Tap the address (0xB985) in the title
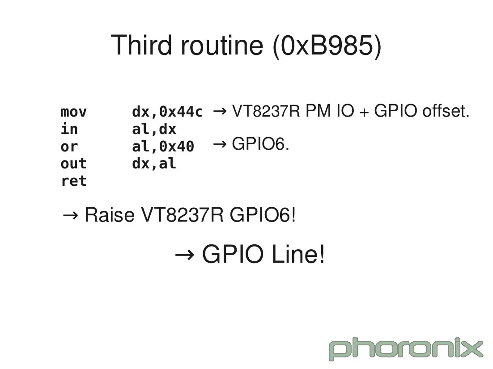point(327,46)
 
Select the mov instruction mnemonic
point(73,112)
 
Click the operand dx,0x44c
point(167,112)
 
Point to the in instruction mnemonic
point(69,129)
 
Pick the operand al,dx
point(154,129)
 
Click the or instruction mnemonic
point(69,147)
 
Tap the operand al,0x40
point(163,147)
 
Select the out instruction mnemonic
point(73,164)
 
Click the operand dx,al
point(154,164)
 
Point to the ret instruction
point(73,181)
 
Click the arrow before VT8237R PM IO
point(219,111)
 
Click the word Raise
point(109,215)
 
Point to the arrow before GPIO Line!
point(184,255)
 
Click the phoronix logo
point(406,349)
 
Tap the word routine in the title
point(222,45)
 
